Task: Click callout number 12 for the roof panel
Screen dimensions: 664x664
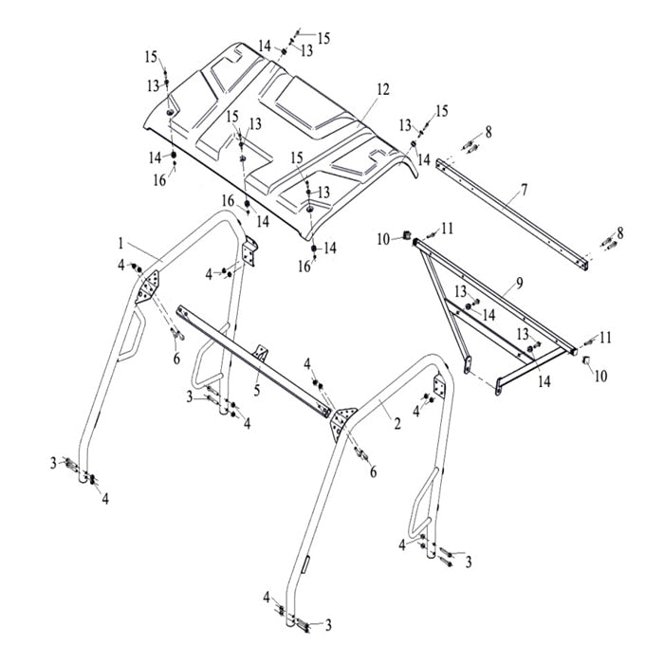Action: tap(382, 89)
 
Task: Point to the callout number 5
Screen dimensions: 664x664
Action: tap(256, 389)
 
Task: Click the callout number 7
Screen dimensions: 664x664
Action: tap(521, 192)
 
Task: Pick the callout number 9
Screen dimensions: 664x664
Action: tap(519, 283)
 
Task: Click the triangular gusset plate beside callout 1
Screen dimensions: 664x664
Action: tap(148, 285)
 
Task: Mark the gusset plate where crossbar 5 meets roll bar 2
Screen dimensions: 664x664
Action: tap(341, 418)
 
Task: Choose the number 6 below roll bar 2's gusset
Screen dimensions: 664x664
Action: tap(374, 471)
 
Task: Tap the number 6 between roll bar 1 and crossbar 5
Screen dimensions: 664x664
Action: tap(175, 359)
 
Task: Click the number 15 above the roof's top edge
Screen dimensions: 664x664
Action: tap(323, 38)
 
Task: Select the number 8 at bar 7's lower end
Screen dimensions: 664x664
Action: tap(619, 232)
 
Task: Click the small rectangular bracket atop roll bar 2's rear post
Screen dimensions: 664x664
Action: tap(439, 389)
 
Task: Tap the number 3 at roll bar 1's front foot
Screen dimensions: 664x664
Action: tap(53, 462)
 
